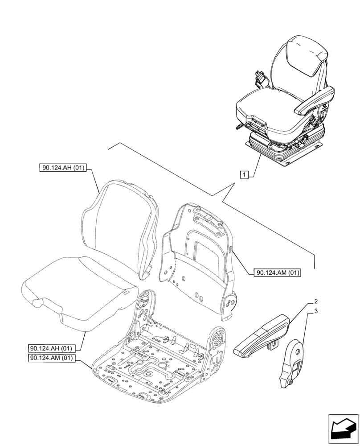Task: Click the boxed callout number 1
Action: point(244,174)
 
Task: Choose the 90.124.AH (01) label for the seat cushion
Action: point(52,348)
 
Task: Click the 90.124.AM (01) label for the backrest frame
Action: point(278,273)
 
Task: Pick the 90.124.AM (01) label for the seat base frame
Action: point(52,358)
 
